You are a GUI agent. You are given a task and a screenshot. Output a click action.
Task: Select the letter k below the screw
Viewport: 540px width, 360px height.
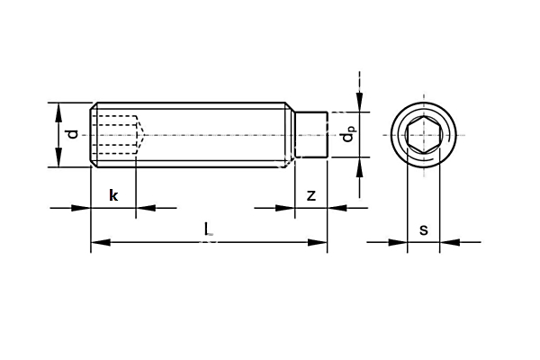[113, 195]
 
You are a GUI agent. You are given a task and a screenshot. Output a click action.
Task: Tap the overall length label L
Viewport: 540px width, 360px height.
[209, 230]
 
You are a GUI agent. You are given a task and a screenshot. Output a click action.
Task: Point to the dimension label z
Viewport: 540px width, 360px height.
[310, 195]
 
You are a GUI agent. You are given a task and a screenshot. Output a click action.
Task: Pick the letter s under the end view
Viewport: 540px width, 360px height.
[423, 229]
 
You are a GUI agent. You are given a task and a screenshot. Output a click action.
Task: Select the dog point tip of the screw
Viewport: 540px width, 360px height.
[310, 135]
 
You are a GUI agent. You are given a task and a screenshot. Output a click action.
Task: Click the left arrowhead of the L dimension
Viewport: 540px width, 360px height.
[98, 241]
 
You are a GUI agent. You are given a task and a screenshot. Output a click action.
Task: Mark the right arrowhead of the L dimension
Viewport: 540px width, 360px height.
[319, 241]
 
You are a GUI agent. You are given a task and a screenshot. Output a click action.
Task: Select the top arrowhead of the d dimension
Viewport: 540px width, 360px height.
[59, 109]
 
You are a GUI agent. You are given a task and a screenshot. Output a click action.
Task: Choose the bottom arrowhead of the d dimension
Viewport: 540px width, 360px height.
[59, 161]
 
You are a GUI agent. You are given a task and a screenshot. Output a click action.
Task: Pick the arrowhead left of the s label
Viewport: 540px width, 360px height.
[400, 241]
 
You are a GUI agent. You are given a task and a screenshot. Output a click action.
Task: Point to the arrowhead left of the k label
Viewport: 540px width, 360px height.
[84, 208]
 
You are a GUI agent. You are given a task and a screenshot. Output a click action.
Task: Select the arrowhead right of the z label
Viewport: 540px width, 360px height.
[334, 208]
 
